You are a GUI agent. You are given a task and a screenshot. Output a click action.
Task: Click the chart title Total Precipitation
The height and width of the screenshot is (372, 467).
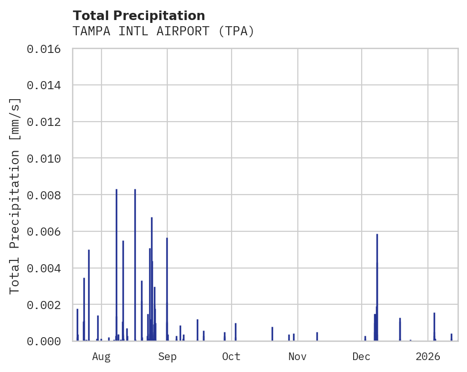pos(139,16)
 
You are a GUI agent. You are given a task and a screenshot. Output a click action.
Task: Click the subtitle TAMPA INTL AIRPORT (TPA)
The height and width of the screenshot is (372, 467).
pos(163,31)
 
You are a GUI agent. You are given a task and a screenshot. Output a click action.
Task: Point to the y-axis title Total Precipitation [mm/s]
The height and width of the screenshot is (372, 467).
pos(15,196)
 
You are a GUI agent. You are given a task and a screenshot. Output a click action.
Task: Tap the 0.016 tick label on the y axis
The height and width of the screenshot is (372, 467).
pos(43,49)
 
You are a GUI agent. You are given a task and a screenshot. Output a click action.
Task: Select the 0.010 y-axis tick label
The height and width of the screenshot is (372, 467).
pos(43,158)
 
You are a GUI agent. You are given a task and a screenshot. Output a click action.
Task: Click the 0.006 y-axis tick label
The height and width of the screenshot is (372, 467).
pos(43,232)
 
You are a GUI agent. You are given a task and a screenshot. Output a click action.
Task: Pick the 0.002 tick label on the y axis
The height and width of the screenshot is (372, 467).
pos(43,305)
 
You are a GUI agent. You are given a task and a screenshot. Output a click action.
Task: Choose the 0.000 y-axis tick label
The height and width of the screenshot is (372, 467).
pos(43,341)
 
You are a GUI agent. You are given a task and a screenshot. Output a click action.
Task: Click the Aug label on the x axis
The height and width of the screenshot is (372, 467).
pos(101,356)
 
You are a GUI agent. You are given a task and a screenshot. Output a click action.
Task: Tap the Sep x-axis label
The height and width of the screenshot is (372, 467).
pos(167,356)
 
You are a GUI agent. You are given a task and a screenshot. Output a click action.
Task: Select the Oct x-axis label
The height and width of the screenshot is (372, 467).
pos(231,356)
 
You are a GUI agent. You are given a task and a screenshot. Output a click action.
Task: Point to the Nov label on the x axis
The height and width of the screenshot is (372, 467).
pos(297,356)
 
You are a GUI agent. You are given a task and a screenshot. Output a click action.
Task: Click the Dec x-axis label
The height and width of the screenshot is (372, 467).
pos(362,356)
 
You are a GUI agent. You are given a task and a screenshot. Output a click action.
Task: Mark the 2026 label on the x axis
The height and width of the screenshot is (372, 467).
pos(427,356)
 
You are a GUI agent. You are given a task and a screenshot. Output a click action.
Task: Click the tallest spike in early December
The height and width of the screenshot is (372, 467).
pos(377,286)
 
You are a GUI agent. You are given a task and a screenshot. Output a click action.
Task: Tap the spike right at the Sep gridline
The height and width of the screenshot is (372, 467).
pos(167,286)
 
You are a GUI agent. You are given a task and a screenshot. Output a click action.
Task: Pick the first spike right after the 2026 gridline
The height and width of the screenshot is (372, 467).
pos(434,327)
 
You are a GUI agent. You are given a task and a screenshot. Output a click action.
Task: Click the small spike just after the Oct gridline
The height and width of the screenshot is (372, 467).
pos(235,332)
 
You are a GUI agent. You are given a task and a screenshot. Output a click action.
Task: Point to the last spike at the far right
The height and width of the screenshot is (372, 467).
pos(451,337)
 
